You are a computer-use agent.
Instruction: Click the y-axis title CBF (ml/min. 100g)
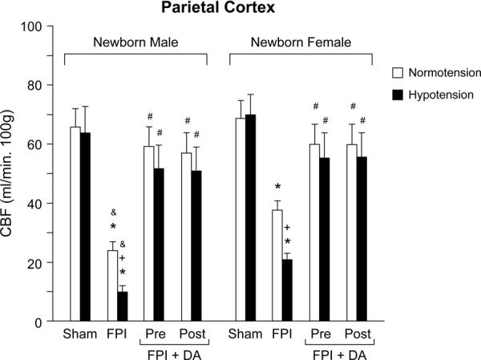14,173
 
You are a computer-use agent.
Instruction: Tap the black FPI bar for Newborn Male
123,307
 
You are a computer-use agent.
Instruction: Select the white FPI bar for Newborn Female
277,265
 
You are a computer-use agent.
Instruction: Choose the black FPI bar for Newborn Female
288,290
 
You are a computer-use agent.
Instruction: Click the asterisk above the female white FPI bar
277,189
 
